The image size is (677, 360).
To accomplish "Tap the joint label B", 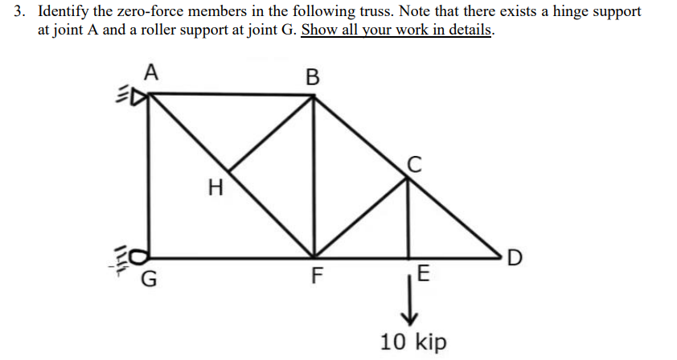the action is point(313,78).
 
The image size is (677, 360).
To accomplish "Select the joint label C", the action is point(413,165).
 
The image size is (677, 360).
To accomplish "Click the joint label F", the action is point(317,280).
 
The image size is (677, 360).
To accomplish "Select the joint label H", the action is point(214,190).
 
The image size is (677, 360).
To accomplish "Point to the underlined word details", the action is point(470,31).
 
